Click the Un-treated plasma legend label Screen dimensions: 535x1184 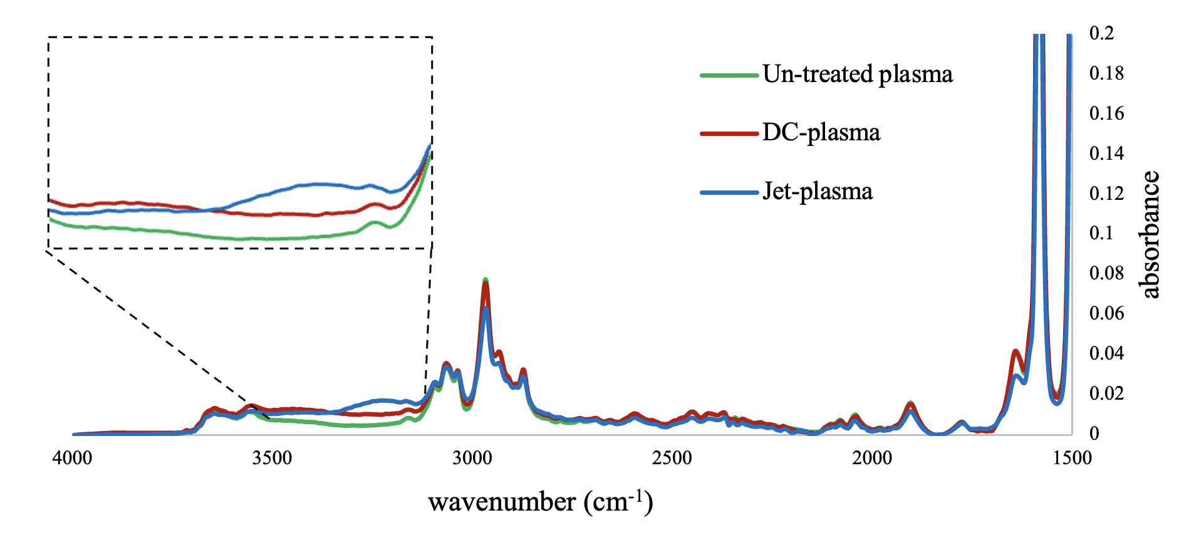[x=857, y=75]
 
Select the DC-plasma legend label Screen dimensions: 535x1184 [x=821, y=133]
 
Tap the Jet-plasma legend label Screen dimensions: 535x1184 [x=817, y=192]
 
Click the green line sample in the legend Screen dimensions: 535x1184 [x=729, y=75]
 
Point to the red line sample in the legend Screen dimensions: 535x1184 [x=729, y=133]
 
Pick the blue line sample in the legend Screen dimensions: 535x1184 [x=729, y=192]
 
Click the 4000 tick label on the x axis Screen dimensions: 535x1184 [x=73, y=458]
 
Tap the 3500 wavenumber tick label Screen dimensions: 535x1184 [x=273, y=458]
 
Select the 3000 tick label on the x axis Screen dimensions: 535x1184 [x=472, y=458]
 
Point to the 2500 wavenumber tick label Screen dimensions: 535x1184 [x=672, y=458]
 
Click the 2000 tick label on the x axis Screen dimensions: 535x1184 [x=872, y=458]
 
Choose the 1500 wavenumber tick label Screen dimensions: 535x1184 [x=1072, y=458]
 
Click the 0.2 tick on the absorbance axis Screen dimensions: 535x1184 [x=1102, y=33]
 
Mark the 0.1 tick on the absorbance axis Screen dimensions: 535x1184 [x=1102, y=233]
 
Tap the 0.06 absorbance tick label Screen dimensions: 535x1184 [x=1106, y=313]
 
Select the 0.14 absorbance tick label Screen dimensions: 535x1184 [x=1106, y=153]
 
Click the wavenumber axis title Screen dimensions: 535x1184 [x=541, y=502]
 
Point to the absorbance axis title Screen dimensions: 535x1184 [x=1151, y=234]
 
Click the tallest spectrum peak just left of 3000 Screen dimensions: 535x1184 [x=486, y=281]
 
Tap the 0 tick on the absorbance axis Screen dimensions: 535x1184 [x=1094, y=434]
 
